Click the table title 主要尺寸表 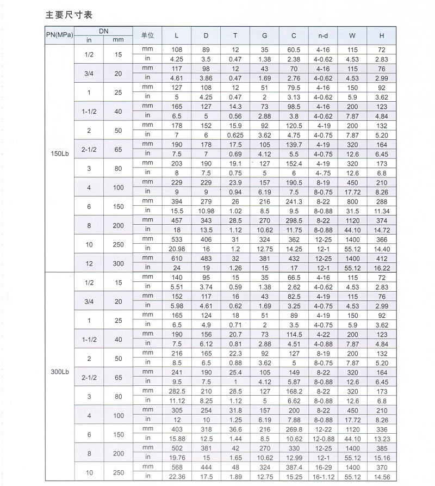tap(69, 15)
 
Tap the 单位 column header tap(147, 35)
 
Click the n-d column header tap(323, 35)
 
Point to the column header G tap(264, 35)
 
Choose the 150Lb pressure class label tap(59, 152)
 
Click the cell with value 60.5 tap(294, 50)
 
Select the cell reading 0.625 tap(235, 134)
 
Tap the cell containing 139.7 tap(294, 144)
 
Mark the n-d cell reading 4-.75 tap(323, 171)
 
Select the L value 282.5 tap(177, 390)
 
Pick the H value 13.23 tap(382, 438)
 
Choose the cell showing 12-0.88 tap(323, 438)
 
